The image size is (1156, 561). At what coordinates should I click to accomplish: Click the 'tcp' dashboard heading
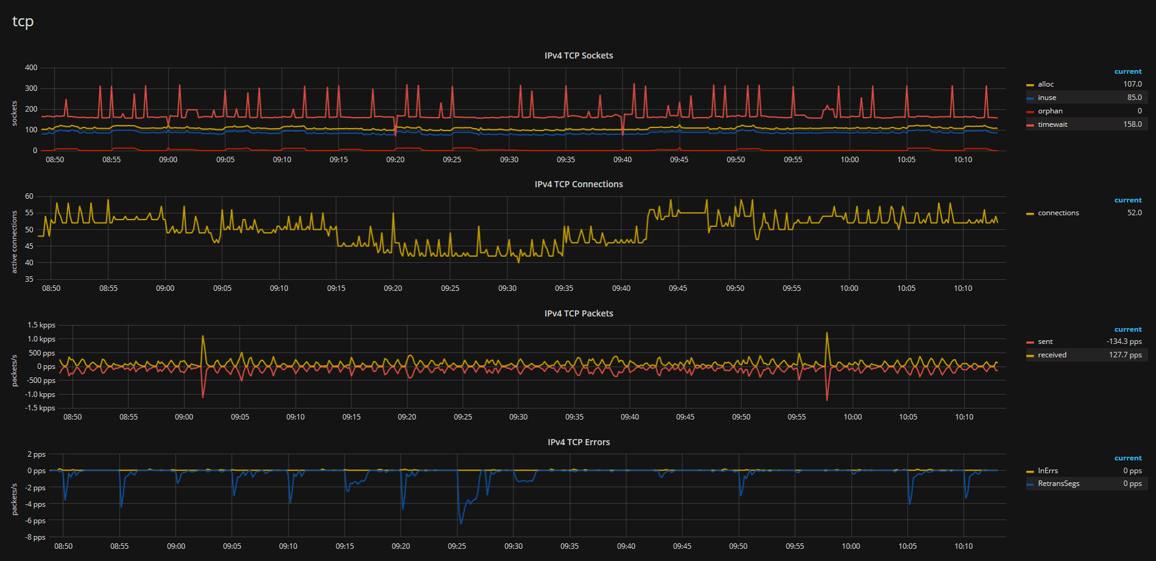coord(23,22)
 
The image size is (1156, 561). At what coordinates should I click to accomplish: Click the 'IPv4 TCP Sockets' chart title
coord(578,55)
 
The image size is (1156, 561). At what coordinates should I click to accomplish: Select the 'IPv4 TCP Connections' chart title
coord(578,184)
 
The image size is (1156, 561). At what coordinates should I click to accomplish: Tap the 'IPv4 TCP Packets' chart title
coord(578,313)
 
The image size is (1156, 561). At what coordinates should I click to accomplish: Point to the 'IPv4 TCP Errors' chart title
coord(578,442)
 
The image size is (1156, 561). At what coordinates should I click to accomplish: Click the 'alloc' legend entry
coord(1046,84)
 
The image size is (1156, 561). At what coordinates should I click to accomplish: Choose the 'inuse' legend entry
coord(1047,98)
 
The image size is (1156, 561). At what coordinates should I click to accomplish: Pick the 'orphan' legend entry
coord(1050,111)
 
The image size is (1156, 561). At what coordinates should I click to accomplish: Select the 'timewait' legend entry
coord(1052,124)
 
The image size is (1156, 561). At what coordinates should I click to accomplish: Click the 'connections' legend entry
coord(1058,213)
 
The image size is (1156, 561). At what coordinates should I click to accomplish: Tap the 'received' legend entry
coord(1052,355)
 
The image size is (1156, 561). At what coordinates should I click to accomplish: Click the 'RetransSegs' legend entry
coord(1059,484)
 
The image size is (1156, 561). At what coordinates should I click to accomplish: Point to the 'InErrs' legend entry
coord(1048,471)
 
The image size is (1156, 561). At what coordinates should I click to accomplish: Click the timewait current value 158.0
coord(1132,124)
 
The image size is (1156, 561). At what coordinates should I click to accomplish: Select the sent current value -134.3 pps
coord(1124,341)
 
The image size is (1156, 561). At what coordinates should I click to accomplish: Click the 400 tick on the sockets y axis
coord(31,68)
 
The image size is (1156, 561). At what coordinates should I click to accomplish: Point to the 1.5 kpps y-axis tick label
coord(41,325)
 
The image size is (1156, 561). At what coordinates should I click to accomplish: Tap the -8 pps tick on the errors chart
coord(36,537)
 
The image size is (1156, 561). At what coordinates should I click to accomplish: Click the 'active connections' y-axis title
coord(15,241)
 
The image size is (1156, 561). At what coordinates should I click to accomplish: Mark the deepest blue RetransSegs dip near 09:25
coord(461,523)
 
